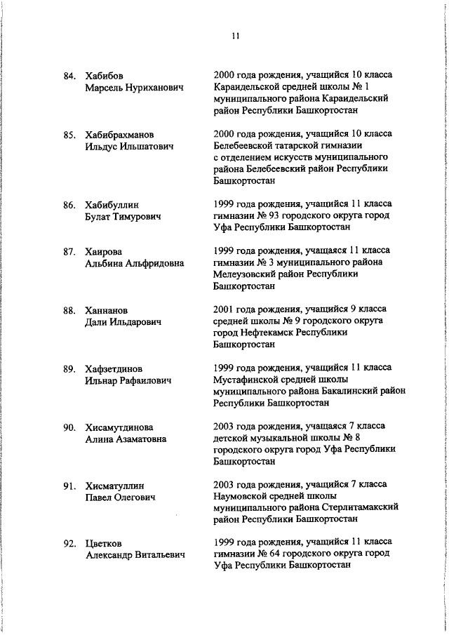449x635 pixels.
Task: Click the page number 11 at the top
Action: click(235, 36)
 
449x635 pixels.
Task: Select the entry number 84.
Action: click(70, 75)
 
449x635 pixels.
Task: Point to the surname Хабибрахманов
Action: click(124, 134)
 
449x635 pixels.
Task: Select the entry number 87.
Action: click(70, 251)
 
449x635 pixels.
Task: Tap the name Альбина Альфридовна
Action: click(134, 263)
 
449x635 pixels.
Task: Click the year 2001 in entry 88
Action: click(225, 309)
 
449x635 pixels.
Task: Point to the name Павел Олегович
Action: click(120, 497)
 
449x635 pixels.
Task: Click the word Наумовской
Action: click(242, 497)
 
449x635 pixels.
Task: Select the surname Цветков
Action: click(105, 544)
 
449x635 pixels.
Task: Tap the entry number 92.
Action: click(70, 544)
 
